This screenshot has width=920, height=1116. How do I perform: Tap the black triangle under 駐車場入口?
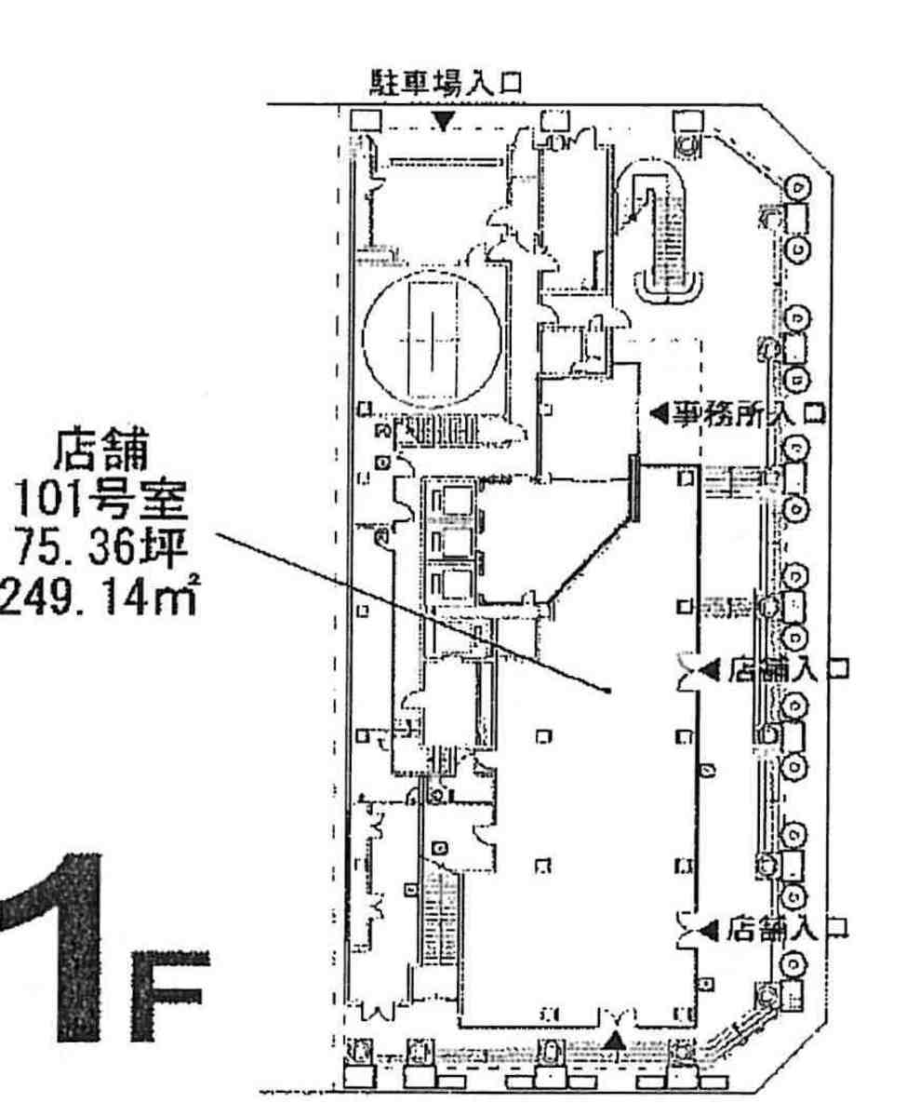pos(444,122)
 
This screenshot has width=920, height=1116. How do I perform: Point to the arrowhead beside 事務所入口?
pos(660,413)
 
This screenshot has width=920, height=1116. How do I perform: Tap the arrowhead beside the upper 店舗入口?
pos(710,669)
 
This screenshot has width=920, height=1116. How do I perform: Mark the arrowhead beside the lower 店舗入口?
pos(710,929)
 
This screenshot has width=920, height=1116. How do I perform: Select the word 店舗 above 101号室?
pos(101,450)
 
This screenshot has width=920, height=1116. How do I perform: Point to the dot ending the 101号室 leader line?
pos(607,691)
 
